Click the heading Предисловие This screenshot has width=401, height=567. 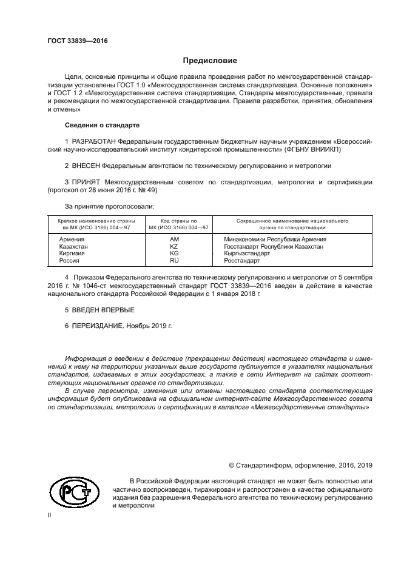(211, 61)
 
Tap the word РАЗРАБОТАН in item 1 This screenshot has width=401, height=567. (97, 141)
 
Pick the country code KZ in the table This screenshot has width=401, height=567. (174, 247)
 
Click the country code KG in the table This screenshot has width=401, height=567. (174, 253)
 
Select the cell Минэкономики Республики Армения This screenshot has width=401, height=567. (275, 240)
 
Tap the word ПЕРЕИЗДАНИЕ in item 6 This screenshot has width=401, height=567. (98, 326)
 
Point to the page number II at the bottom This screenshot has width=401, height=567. (50, 515)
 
